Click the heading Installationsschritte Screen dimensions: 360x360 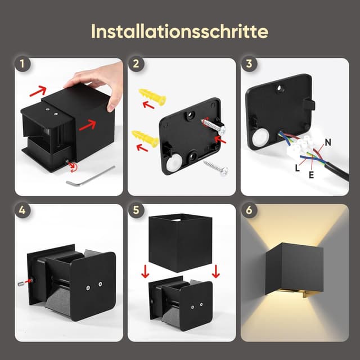pyautogui.click(x=179, y=31)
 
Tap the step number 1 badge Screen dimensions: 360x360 pyautogui.click(x=22, y=64)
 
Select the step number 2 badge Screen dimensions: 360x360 pyautogui.click(x=136, y=64)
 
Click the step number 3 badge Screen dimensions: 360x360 pyautogui.click(x=249, y=64)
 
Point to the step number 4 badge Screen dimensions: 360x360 pyautogui.click(x=22, y=210)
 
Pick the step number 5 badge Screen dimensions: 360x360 pyautogui.click(x=136, y=210)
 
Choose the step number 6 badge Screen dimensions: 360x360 pyautogui.click(x=249, y=210)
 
